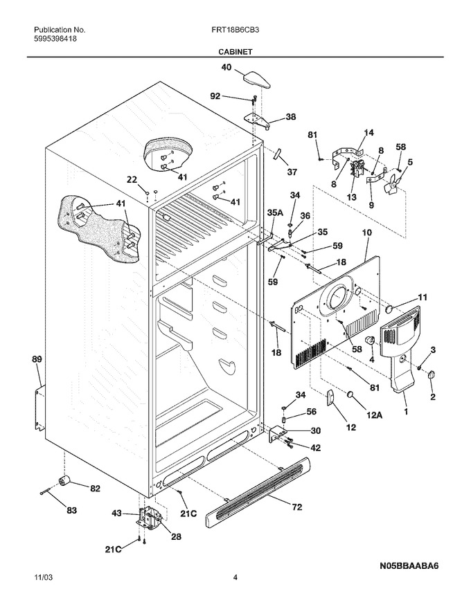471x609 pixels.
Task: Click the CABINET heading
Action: coord(235,51)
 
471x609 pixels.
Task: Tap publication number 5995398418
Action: coord(55,39)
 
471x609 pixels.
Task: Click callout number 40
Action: coord(226,67)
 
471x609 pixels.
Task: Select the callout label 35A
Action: coord(275,213)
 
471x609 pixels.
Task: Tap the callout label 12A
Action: coord(374,415)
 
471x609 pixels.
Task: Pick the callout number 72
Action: coord(297,507)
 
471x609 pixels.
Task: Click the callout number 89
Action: coord(37,359)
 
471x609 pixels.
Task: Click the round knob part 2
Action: coord(431,375)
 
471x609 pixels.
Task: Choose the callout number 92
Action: coord(215,96)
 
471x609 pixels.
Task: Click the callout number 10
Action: coord(366,233)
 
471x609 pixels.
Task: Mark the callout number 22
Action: coord(132,179)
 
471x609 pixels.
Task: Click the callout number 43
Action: coord(117,513)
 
